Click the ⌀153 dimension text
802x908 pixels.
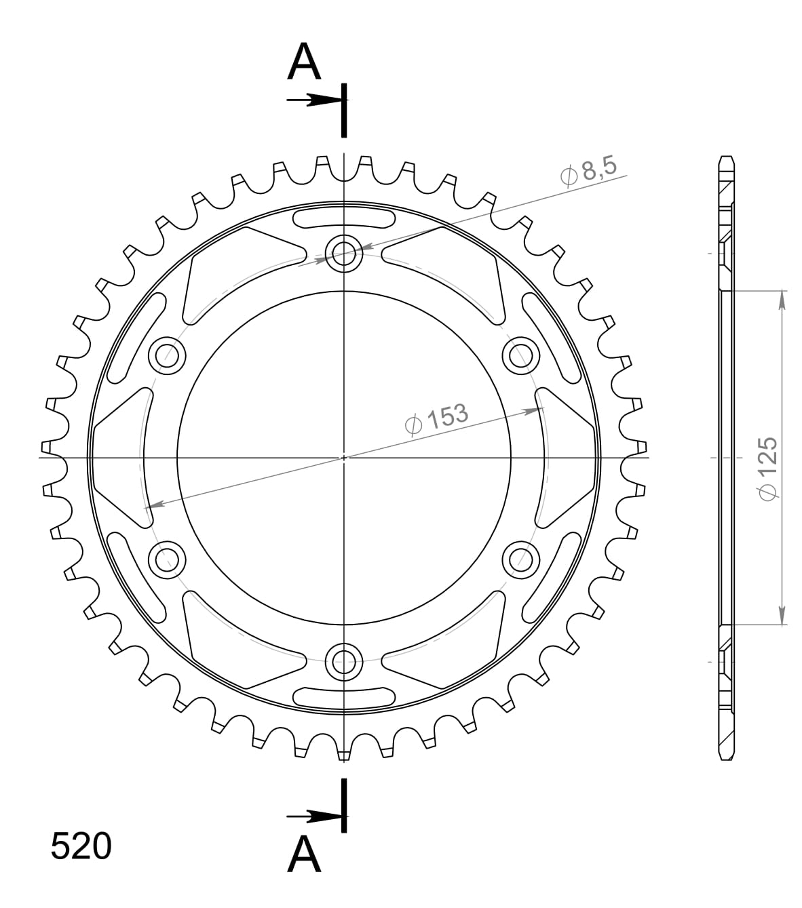pyautogui.click(x=436, y=418)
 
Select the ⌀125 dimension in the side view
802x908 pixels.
pyautogui.click(x=766, y=469)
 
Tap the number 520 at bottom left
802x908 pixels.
pyautogui.click(x=81, y=847)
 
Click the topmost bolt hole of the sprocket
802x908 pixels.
pyautogui.click(x=344, y=253)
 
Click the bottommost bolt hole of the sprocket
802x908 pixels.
pyautogui.click(x=344, y=660)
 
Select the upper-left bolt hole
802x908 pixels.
pyautogui.click(x=167, y=355)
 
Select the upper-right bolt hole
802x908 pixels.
pyautogui.click(x=521, y=355)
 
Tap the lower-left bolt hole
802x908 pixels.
pyautogui.click(x=167, y=558)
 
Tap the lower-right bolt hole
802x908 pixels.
pyautogui.click(x=521, y=558)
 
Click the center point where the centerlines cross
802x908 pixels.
pyautogui.click(x=344, y=457)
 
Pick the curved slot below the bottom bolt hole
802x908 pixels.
pyautogui.click(x=344, y=696)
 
